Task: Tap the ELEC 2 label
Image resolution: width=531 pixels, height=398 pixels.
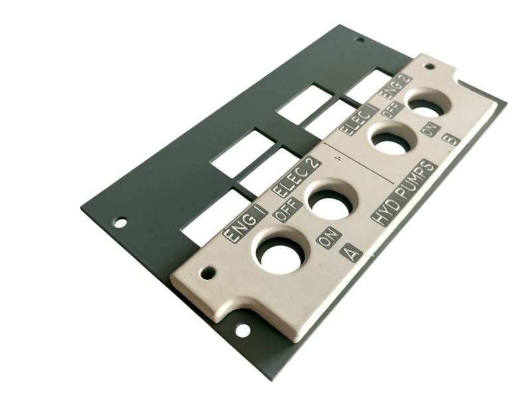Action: (x=297, y=177)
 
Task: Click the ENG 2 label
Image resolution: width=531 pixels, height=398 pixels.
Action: (x=397, y=87)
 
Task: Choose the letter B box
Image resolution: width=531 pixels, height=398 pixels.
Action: (x=451, y=139)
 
